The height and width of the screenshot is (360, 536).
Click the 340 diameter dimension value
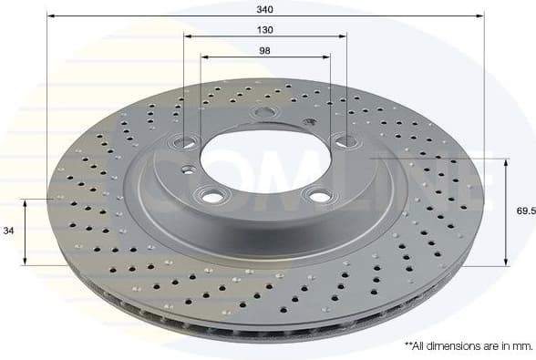click(264, 8)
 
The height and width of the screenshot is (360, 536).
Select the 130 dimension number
click(264, 28)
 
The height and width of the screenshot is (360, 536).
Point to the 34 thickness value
click(8, 231)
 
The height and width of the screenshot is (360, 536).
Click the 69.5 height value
click(522, 211)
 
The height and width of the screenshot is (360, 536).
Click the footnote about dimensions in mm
click(468, 346)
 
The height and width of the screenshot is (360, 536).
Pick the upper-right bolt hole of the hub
click(343, 139)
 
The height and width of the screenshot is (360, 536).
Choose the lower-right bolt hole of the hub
click(319, 194)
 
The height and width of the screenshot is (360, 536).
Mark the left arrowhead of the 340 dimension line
click(50, 16)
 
